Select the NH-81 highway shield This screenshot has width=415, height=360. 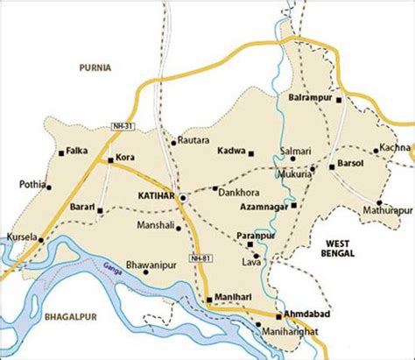200,258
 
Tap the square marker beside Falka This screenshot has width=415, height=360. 60,152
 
